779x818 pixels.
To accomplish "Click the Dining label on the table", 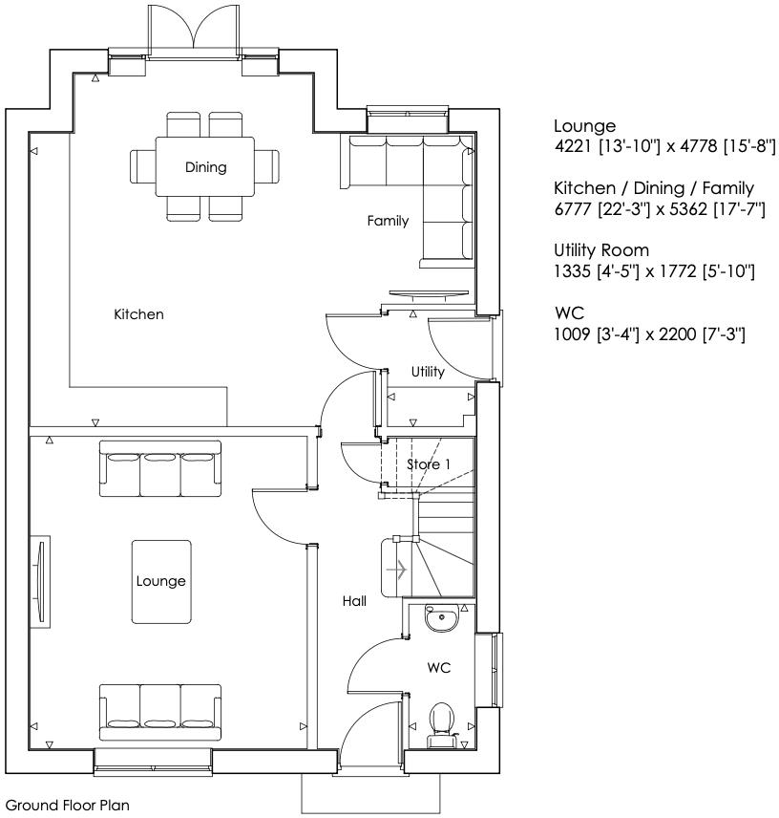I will [206, 167].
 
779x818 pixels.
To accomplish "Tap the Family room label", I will [389, 221].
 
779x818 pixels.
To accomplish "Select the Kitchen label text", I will [138, 314].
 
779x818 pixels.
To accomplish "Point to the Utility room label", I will [428, 372].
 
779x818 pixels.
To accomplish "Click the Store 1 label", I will [428, 464].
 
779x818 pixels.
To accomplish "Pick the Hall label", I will [355, 601].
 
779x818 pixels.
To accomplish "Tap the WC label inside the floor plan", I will [438, 668].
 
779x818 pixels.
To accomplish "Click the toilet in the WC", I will [441, 722].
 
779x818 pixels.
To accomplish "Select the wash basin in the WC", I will [442, 620].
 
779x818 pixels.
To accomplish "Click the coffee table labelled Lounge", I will [160, 582].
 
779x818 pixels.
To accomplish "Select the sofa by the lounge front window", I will [160, 709].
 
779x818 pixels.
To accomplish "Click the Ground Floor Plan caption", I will [68, 806].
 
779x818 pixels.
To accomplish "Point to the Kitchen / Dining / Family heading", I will [654, 188].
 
